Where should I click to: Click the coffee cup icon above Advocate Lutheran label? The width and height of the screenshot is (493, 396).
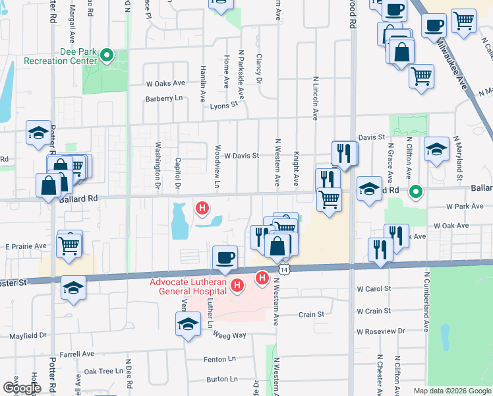225,257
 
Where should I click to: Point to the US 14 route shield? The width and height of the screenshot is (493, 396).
283,270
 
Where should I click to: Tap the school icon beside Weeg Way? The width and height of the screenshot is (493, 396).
188,325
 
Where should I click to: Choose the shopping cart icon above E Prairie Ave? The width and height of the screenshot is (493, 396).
69,244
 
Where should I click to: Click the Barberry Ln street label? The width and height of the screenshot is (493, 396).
164,98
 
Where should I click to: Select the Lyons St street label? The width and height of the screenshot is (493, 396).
224,105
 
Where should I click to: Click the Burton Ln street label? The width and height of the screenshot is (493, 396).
221,379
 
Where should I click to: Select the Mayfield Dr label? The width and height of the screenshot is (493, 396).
28,335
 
